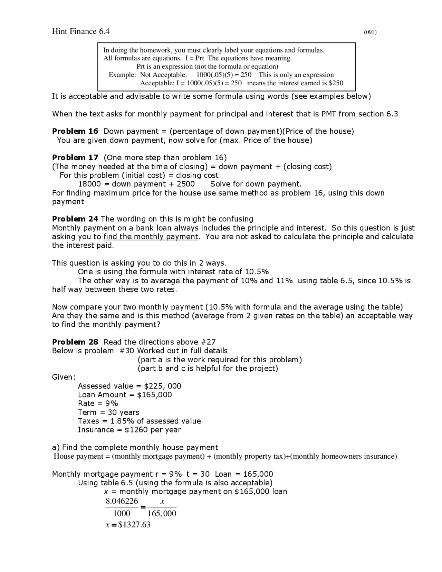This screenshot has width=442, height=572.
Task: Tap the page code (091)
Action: click(370, 32)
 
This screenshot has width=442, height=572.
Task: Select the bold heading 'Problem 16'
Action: click(75, 131)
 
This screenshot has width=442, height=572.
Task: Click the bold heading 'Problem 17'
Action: click(75, 158)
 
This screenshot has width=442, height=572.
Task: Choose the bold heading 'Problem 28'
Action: click(75, 342)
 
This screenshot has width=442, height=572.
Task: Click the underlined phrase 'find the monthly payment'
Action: click(151, 237)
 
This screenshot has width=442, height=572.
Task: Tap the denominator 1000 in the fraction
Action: click(122, 514)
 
